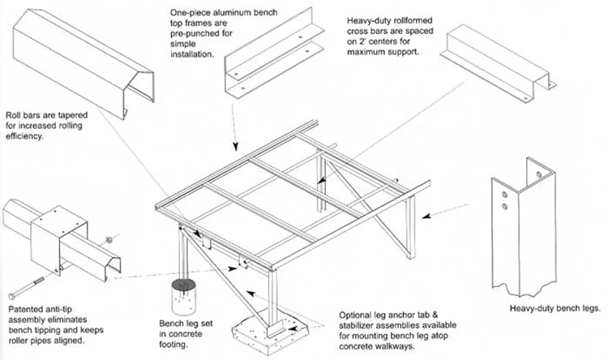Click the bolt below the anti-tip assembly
27,288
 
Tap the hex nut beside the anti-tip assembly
109,240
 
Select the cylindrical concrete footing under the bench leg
184,297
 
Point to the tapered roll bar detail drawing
83,64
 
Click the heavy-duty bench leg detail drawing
524,228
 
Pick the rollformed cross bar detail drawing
499,64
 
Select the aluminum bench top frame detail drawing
274,54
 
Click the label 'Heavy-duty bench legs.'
554,309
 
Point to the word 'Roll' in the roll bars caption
13,115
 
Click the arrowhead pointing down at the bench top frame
235,146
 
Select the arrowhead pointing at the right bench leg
426,216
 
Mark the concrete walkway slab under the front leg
270,333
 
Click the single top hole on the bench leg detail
539,174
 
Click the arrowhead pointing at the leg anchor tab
293,328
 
